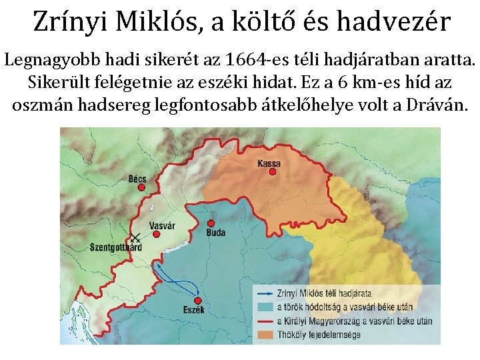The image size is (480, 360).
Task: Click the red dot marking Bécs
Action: (x=141, y=188)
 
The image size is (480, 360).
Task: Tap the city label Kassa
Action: (x=269, y=163)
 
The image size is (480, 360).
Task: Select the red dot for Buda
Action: (x=211, y=223)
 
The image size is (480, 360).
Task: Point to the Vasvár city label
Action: (x=162, y=226)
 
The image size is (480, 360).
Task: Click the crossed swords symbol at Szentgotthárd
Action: (x=135, y=238)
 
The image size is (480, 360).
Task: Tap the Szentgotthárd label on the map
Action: (x=115, y=247)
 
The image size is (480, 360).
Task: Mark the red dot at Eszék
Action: (x=197, y=300)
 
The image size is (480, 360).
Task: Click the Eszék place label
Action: (x=193, y=310)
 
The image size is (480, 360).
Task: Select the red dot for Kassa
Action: (x=272, y=172)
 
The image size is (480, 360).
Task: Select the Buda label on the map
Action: (x=216, y=233)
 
